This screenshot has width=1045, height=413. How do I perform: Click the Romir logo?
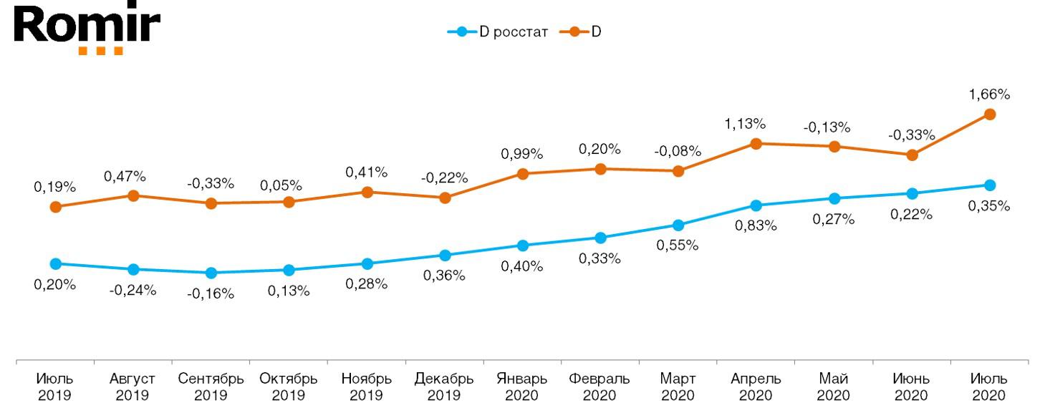tap(86, 29)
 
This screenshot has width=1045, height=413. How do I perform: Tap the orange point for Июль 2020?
tap(990, 114)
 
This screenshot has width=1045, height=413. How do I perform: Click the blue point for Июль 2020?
tap(990, 185)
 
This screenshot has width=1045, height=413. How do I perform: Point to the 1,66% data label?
tap(989, 94)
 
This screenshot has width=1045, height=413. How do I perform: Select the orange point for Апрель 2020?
tap(756, 143)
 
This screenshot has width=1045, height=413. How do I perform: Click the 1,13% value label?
tap(745, 124)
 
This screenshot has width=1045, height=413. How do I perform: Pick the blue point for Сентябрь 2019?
tap(211, 273)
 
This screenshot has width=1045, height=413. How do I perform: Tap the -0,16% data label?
tap(211, 293)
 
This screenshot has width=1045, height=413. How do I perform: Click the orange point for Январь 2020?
tap(522, 173)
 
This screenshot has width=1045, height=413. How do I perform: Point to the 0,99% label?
tap(522, 154)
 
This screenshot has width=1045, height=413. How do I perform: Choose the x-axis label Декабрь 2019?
tap(444, 387)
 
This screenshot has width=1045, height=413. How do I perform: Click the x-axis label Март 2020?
tap(678, 387)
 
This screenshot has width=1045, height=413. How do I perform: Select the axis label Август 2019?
tap(133, 387)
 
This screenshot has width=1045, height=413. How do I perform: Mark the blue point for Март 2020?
tap(678, 225)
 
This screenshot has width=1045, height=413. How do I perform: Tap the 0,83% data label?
tap(756, 225)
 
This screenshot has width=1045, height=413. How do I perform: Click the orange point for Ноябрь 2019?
tap(367, 192)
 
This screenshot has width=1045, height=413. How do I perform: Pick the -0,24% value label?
tap(133, 291)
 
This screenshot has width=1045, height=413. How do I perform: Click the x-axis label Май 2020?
tap(834, 387)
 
